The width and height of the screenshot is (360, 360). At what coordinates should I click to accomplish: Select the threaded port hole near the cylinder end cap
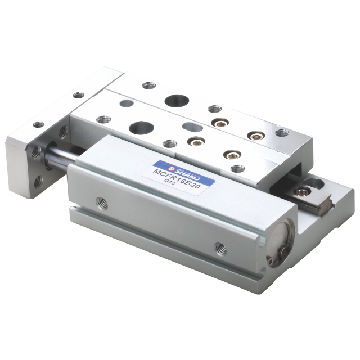[x=220, y=247]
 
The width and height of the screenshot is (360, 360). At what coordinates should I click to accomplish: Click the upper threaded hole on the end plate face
[x=35, y=151]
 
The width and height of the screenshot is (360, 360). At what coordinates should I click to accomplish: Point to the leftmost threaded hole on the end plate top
[x=38, y=125]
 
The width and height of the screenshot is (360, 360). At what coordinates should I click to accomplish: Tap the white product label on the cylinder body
[x=183, y=173]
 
